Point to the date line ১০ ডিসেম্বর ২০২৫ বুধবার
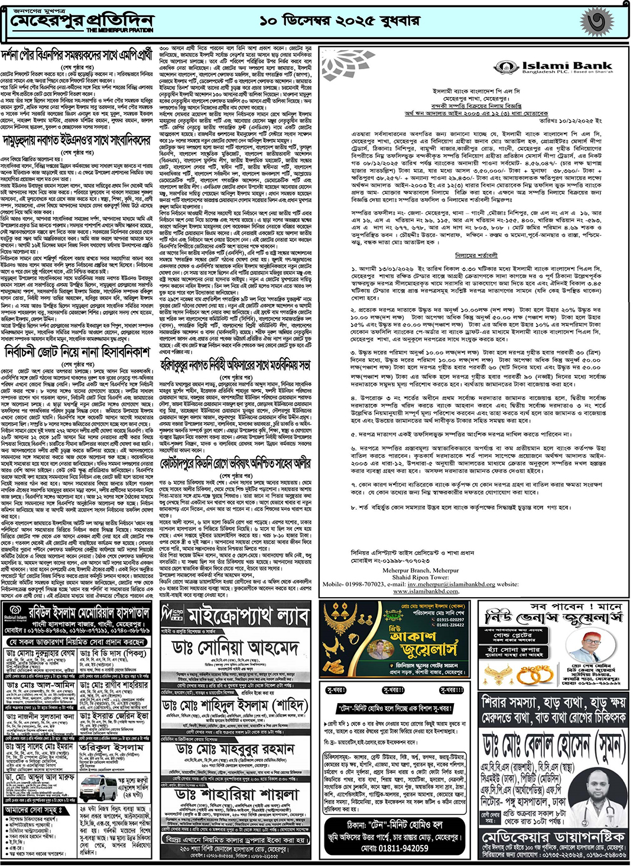(339, 21)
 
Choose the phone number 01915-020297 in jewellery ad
(449, 619)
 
